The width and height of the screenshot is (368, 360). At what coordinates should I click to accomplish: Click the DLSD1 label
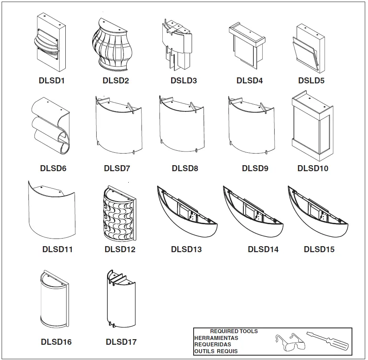coord(52,81)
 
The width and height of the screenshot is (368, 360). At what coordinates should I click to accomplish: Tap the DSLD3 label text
coord(184,81)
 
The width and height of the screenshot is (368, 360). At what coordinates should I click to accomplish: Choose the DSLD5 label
coord(311,81)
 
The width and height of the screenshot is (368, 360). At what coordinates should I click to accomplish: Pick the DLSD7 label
coord(117,168)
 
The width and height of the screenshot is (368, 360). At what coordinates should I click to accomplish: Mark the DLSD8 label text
coord(185,168)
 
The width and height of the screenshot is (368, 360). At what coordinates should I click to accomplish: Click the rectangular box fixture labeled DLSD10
coord(312,125)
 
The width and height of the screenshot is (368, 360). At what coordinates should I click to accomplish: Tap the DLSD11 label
coord(57,249)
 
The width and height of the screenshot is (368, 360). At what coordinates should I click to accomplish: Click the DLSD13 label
coord(186,249)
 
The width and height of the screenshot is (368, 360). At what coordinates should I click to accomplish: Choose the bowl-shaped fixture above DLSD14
coord(253,212)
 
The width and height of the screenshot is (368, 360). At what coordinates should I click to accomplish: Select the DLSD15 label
coord(319,249)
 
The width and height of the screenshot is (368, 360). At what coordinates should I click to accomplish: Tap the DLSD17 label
coord(121,342)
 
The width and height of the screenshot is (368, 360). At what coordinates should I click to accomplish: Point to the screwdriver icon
coord(327,340)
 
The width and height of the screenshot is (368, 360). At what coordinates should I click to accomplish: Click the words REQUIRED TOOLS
coord(234,331)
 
